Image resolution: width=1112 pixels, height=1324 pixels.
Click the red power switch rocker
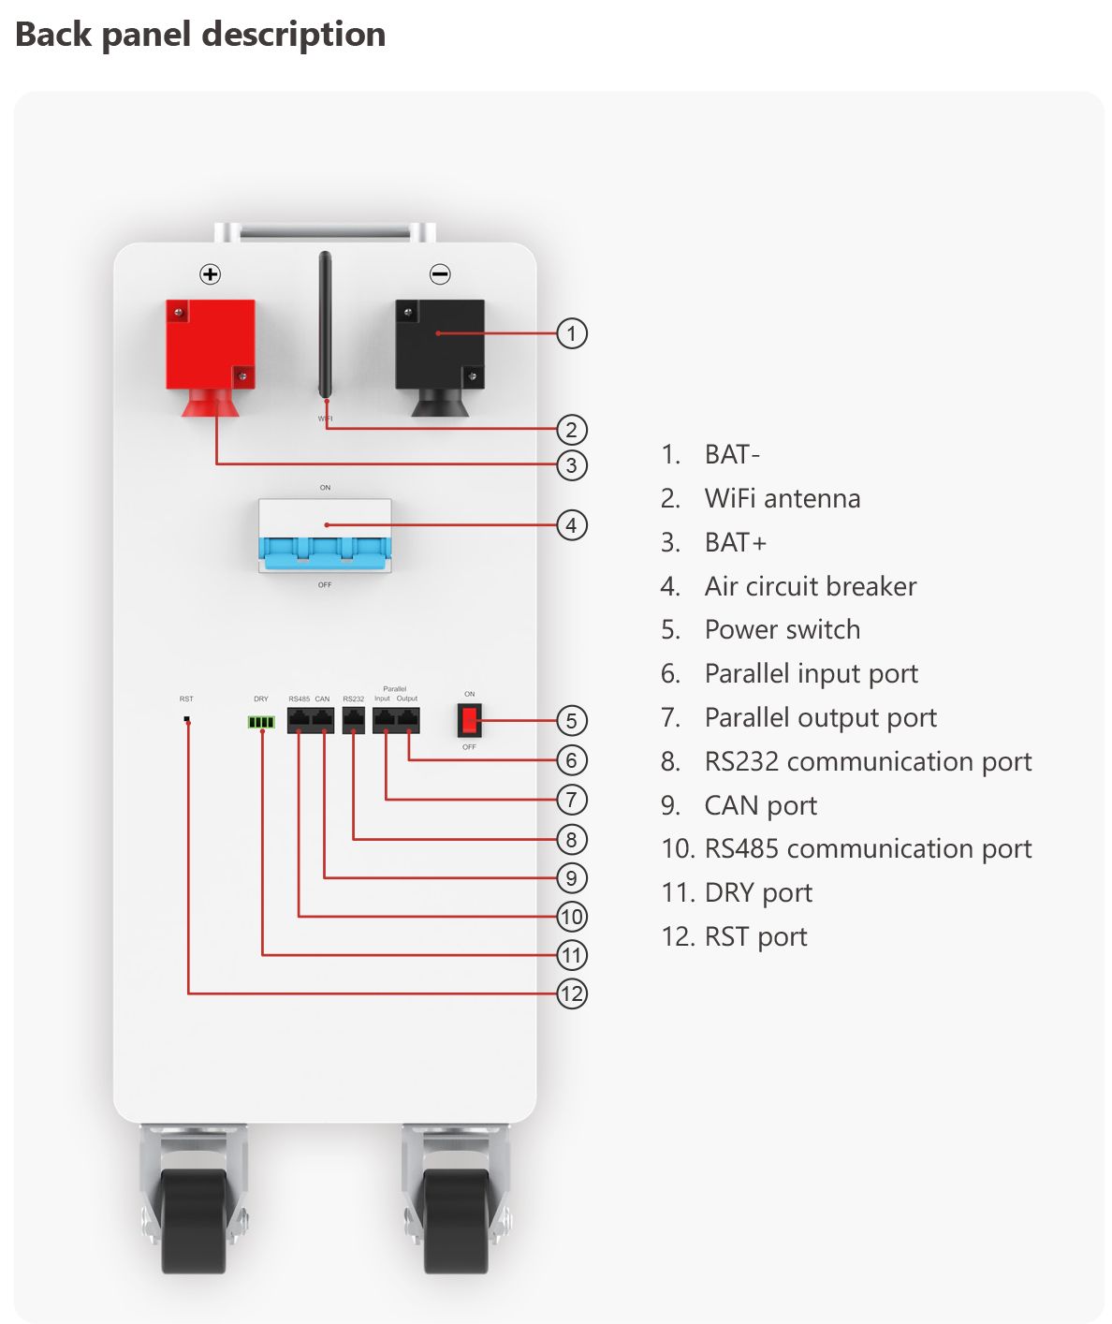click(x=470, y=720)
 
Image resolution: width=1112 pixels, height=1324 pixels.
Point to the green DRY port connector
click(x=261, y=722)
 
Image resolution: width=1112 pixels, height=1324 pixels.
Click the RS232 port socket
click(x=354, y=720)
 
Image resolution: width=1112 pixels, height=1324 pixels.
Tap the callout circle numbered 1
click(x=572, y=333)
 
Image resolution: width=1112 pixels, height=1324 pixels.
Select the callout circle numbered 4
click(x=572, y=525)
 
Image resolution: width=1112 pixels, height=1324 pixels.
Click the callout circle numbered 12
click(x=572, y=993)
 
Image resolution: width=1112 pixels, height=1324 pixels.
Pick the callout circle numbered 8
click(x=572, y=839)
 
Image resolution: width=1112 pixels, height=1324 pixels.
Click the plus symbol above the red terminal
click(x=211, y=274)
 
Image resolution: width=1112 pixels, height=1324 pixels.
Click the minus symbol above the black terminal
click(x=440, y=274)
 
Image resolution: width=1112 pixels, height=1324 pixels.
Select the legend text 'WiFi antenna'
click(x=782, y=498)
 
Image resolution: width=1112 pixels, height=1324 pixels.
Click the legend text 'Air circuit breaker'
click(x=810, y=586)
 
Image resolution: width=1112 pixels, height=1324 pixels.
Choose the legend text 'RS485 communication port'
click(x=868, y=848)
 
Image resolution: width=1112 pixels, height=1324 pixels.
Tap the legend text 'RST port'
click(x=755, y=936)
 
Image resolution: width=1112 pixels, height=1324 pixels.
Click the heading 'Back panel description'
click(x=200, y=35)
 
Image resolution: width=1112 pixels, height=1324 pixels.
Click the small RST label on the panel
click(x=186, y=699)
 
